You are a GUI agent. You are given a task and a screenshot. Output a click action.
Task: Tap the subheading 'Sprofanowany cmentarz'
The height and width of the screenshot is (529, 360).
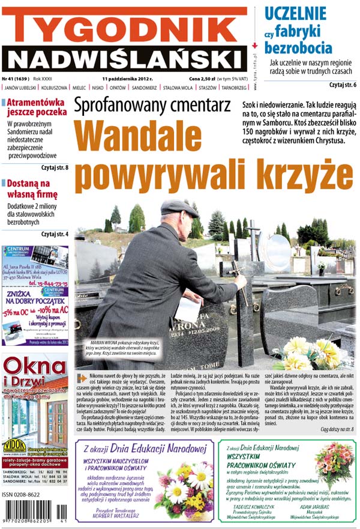pyautogui.click(x=152, y=106)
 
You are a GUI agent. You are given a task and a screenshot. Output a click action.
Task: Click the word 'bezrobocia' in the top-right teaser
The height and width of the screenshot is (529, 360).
pyautogui.click(x=298, y=47)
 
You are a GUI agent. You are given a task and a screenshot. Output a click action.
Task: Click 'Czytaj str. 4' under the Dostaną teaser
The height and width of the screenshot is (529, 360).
pyautogui.click(x=55, y=234)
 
